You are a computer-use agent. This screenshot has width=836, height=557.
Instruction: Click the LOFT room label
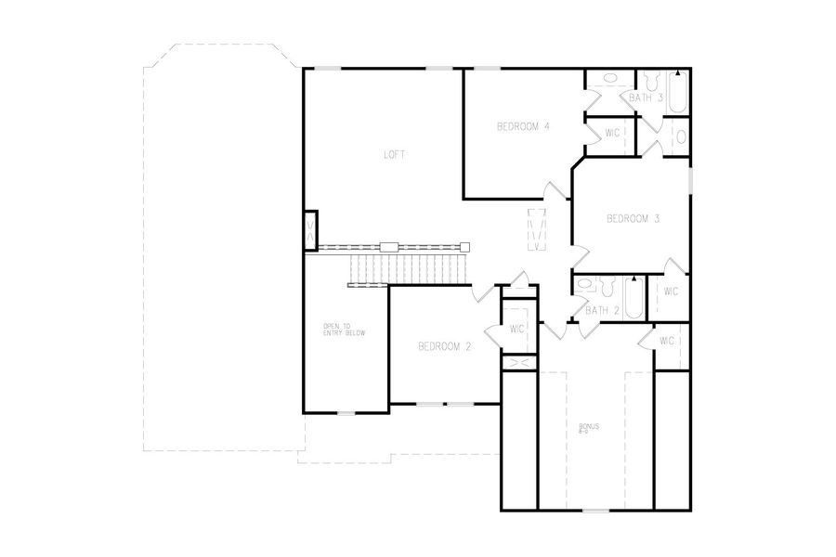(395, 155)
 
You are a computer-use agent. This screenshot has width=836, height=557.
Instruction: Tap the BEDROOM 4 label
(523, 127)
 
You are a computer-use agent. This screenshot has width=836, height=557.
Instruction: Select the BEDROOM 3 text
(633, 219)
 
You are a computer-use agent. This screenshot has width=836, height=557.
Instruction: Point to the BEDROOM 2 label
(445, 347)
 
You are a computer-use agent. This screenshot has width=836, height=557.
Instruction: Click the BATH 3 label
(646, 97)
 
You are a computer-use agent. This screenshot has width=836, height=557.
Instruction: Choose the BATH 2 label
(602, 310)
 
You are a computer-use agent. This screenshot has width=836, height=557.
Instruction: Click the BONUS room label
(589, 428)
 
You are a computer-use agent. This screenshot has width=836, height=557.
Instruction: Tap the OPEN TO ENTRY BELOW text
(338, 330)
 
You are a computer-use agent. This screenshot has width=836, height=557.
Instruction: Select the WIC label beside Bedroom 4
(612, 133)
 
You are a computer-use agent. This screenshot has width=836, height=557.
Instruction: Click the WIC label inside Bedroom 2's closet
(517, 329)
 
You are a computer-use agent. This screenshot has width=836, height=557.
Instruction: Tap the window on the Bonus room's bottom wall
(594, 510)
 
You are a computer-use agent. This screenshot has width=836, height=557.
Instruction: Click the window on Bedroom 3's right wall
(690, 180)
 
